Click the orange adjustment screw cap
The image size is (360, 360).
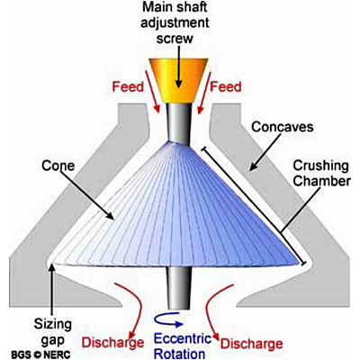click(178, 80)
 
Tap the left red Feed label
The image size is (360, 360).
click(128, 86)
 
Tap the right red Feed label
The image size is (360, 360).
click(226, 86)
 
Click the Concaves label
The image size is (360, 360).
click(283, 127)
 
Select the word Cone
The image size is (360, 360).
click(58, 166)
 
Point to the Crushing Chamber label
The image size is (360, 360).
click(321, 174)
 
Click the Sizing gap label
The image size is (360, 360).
click(52, 331)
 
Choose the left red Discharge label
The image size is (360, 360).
click(113, 342)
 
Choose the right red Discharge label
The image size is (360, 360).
click(251, 344)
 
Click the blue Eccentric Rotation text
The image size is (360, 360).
click(183, 346)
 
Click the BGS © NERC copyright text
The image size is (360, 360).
click(40, 355)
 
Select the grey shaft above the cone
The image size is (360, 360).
click(179, 123)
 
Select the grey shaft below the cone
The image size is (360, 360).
click(179, 288)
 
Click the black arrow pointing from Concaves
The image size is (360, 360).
click(265, 152)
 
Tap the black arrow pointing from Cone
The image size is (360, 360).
click(89, 195)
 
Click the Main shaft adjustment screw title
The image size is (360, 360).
click(175, 22)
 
